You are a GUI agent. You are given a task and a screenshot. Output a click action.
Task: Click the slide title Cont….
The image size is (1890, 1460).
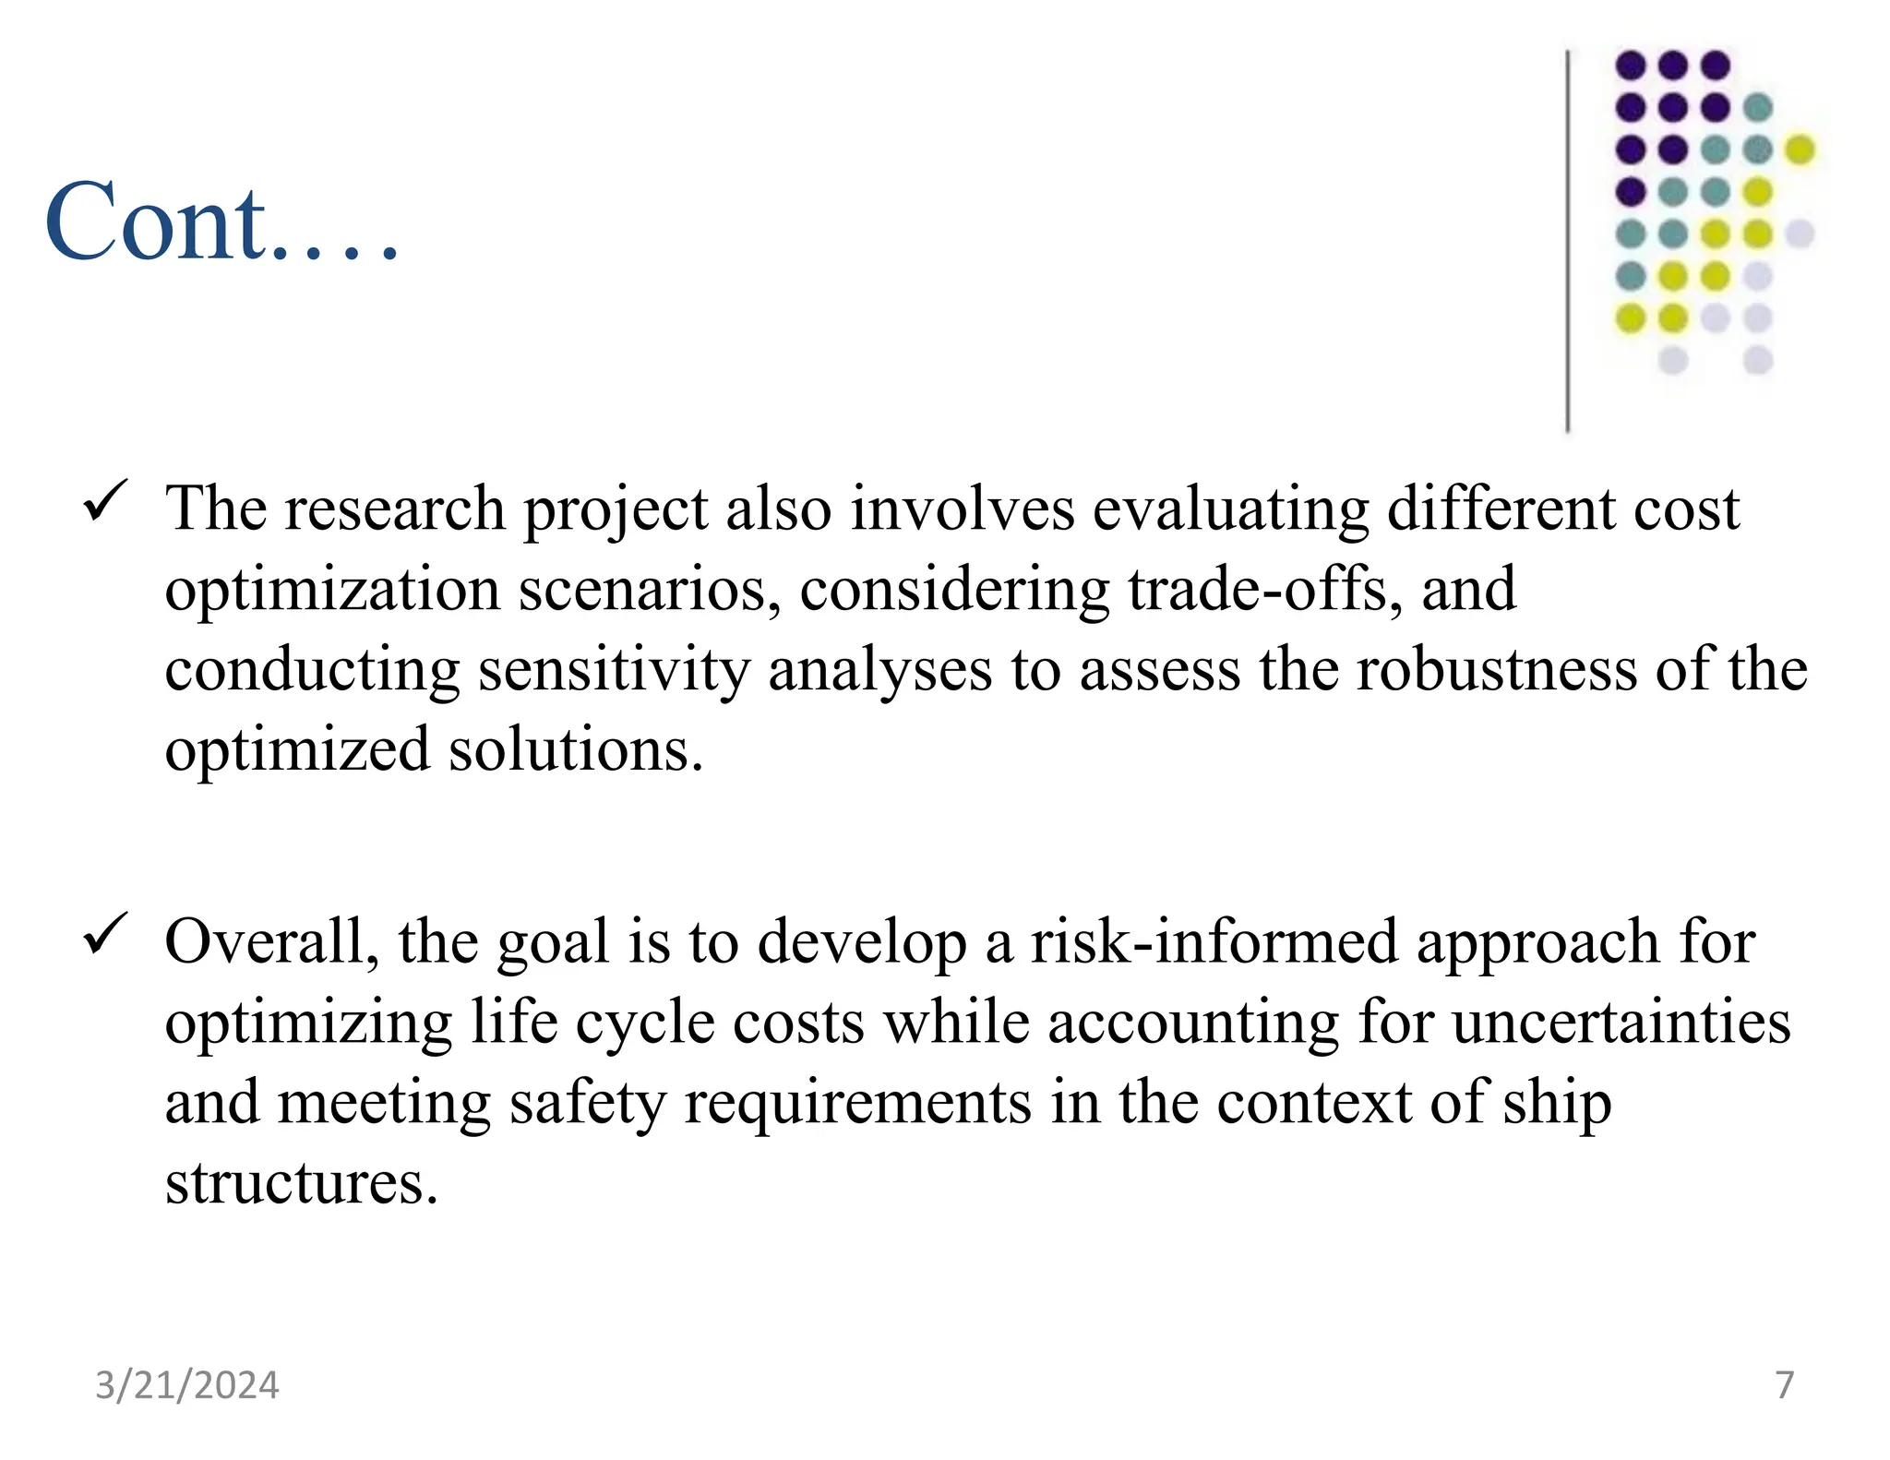[x=221, y=221]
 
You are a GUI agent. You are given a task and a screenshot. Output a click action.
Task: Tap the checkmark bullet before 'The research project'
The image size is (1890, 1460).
[x=106, y=502]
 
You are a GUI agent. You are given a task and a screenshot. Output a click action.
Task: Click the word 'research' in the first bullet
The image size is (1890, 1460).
[x=394, y=509]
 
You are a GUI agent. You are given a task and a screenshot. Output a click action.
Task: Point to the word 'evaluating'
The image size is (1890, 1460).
[x=1230, y=509]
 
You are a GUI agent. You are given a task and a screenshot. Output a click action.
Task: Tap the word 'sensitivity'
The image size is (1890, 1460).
[x=614, y=670]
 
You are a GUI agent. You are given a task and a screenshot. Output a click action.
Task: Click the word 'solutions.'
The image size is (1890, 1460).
[x=576, y=749]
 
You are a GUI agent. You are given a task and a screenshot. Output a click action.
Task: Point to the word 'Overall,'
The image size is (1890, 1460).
[x=272, y=942]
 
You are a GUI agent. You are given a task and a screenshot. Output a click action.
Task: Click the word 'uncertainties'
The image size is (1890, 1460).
[x=1621, y=1023]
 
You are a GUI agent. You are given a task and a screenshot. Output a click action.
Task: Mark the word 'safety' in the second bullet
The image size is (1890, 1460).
[x=587, y=1103]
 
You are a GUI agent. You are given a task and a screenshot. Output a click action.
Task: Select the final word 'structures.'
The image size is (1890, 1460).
[x=301, y=1182]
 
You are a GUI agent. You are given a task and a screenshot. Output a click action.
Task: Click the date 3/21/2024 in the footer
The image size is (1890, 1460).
[x=187, y=1385]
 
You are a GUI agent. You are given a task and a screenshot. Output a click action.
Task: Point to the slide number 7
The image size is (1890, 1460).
[x=1785, y=1384]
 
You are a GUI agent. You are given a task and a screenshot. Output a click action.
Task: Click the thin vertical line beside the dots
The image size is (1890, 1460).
[x=1568, y=240]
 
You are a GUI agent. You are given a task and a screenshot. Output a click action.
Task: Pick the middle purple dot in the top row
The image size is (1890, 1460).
[x=1672, y=66]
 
